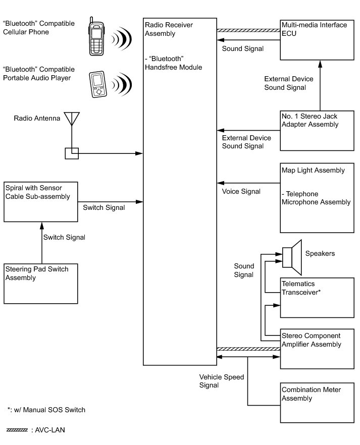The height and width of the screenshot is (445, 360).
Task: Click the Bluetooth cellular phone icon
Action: (x=96, y=36)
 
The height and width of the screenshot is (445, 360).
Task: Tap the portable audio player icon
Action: (x=98, y=84)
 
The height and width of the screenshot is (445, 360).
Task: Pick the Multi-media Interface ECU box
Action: (x=317, y=40)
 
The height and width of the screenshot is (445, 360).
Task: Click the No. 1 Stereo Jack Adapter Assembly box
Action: (x=317, y=131)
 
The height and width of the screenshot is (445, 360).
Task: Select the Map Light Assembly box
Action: (x=317, y=198)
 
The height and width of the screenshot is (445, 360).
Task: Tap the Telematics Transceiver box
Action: (x=317, y=298)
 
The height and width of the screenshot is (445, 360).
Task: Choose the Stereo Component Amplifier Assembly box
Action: (x=317, y=349)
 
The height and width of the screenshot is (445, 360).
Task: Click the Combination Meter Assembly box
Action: (x=317, y=403)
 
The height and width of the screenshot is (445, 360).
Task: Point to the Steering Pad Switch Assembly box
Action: (x=40, y=284)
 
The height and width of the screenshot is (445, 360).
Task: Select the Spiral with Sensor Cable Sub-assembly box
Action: (x=40, y=202)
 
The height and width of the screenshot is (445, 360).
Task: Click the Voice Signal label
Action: (x=241, y=192)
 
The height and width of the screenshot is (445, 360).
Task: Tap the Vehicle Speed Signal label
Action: (x=222, y=381)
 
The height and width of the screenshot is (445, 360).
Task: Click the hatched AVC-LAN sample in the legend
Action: (x=17, y=430)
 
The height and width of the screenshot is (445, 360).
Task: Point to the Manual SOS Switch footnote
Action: (x=46, y=410)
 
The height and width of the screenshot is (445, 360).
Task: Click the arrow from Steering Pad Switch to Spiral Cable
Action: (x=42, y=243)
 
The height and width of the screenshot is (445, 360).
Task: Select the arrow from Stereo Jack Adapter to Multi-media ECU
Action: (x=320, y=85)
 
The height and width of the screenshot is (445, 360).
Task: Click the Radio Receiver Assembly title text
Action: (x=169, y=29)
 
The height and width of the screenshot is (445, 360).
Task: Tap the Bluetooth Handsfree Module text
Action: (x=174, y=63)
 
